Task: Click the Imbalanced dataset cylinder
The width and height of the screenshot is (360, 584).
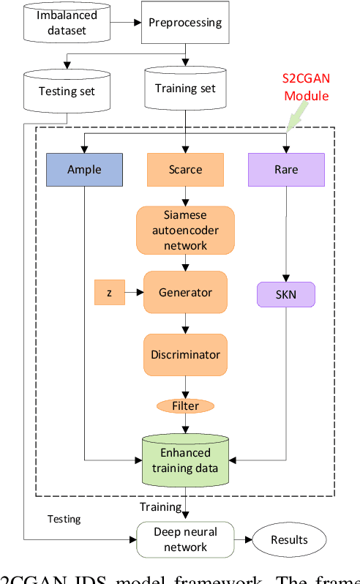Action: pyautogui.click(x=68, y=23)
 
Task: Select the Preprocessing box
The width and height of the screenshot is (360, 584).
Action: pyautogui.click(x=185, y=23)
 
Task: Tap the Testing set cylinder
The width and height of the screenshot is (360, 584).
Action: pyautogui.click(x=68, y=91)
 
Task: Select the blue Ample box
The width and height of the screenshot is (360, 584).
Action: pyautogui.click(x=84, y=169)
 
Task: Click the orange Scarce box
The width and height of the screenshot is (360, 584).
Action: pyautogui.click(x=185, y=169)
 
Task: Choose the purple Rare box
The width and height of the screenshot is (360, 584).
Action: pyautogui.click(x=286, y=169)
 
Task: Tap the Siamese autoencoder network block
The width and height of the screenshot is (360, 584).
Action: pyautogui.click(x=185, y=230)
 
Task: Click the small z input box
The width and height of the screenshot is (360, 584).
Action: pyautogui.click(x=109, y=292)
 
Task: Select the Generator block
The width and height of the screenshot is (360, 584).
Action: pyautogui.click(x=185, y=292)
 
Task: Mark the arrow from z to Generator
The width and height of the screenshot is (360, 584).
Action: pyautogui.click(x=133, y=292)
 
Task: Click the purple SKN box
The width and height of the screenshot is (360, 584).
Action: pyautogui.click(x=286, y=295)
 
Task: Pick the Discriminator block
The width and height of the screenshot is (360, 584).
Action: pyautogui.click(x=185, y=354)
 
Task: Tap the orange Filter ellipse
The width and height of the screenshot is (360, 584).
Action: pyautogui.click(x=185, y=405)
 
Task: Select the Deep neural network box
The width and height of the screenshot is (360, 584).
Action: pyautogui.click(x=185, y=540)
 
